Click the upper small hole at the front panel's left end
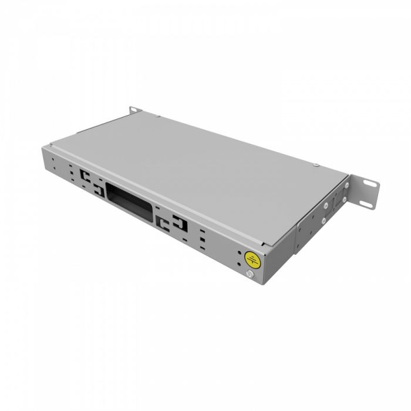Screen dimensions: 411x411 (53, 159)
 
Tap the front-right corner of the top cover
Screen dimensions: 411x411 (269, 246)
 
